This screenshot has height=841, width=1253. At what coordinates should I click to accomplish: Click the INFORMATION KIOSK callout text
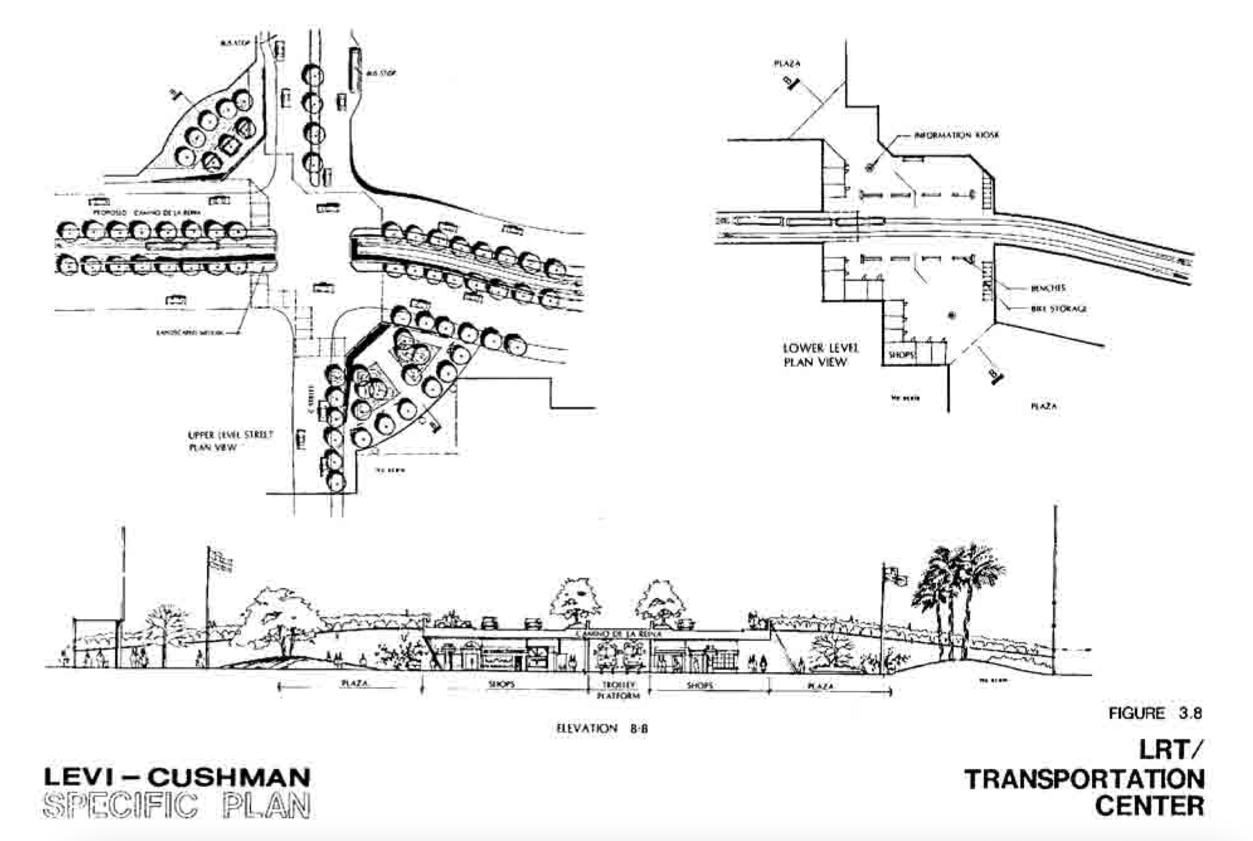956,135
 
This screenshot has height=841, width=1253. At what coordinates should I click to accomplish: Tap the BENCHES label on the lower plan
1047,288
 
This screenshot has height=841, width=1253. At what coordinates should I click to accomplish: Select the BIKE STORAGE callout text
1058,309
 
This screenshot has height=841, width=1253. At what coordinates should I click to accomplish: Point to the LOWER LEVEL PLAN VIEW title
820,355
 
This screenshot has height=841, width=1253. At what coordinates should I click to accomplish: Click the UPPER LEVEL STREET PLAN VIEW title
230,441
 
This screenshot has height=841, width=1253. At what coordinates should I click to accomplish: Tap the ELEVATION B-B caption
601,728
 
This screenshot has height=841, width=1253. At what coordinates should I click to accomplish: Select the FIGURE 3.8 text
1155,713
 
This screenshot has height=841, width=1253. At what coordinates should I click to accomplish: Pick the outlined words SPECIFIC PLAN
176,806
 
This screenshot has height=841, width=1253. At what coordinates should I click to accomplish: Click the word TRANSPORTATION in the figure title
1084,779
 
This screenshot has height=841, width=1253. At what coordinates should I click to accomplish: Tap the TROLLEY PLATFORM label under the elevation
618,690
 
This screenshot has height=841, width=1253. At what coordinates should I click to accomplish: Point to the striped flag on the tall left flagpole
220,561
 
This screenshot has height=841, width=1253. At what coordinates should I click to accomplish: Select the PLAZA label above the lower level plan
787,64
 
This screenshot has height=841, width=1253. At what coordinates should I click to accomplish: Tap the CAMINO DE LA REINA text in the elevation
618,634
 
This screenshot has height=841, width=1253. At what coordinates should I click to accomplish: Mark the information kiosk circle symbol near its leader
870,168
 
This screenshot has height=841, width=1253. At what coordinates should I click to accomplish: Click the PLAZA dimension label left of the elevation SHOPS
354,684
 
